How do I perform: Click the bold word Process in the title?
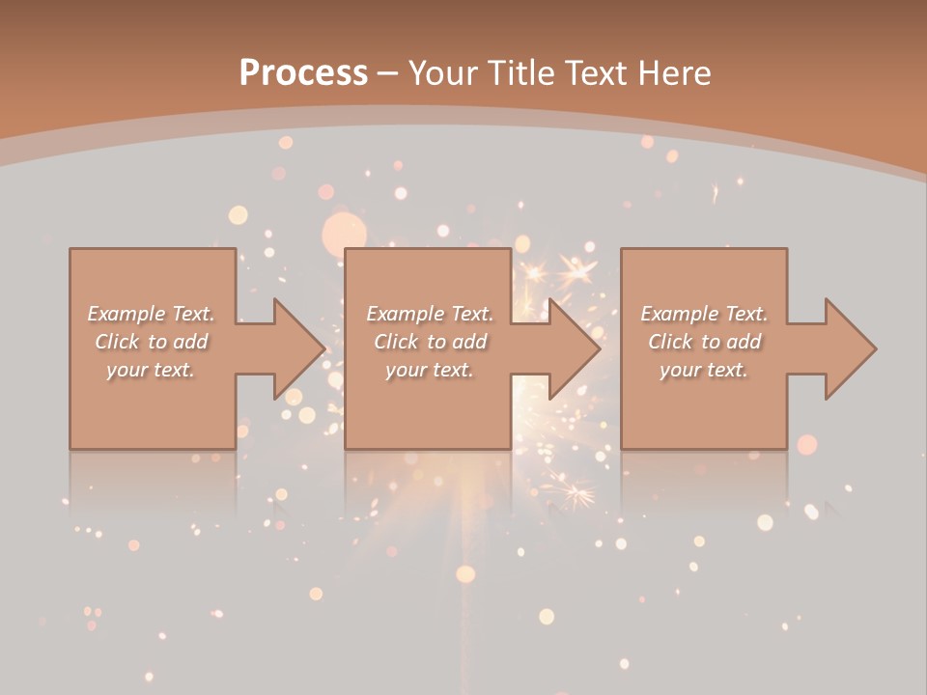pos(303,72)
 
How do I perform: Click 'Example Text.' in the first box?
pos(152,314)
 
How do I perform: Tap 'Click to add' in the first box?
pos(152,342)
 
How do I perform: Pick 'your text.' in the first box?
pos(151,370)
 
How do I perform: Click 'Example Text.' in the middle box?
pos(430,314)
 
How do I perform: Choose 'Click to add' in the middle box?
pos(430,342)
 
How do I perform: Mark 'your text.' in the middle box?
pos(429,370)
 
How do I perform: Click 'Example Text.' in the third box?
pos(704,314)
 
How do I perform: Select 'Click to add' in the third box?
pos(705,342)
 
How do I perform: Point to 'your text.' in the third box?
pos(704,370)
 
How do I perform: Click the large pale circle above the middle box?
pos(344,235)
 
